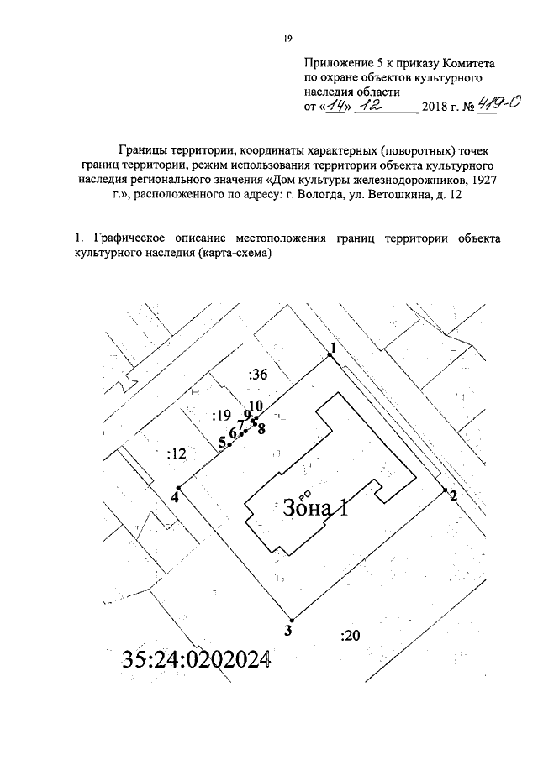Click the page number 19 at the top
(287, 39)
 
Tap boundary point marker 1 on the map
(330, 356)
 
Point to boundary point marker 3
(288, 617)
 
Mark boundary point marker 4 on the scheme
(178, 488)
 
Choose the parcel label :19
(222, 416)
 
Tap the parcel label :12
(177, 454)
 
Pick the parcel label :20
(351, 635)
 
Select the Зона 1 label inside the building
(314, 507)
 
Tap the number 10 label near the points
(256, 406)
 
